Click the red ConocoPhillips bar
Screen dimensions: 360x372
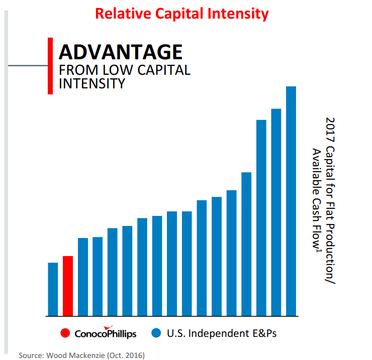tap(68, 286)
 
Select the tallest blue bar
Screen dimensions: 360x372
tap(291, 201)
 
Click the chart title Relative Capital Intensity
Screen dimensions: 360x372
tap(182, 14)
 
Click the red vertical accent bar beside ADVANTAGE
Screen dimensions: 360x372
tap(50, 65)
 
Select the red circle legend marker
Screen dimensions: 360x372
tap(64, 333)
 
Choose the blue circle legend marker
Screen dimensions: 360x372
tap(157, 333)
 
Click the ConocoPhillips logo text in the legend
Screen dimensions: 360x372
tap(105, 333)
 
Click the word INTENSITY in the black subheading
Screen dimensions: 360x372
tap(91, 83)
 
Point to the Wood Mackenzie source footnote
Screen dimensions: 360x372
tap(81, 355)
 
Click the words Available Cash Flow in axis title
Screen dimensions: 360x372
tap(317, 201)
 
